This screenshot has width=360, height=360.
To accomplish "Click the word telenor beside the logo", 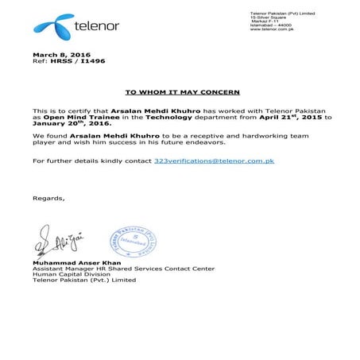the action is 95,26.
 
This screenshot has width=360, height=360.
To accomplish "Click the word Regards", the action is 49,196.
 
